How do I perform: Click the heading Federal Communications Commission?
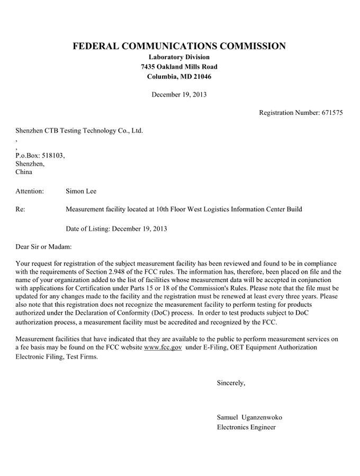point(179,47)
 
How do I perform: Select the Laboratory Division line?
point(179,57)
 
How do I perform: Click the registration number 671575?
point(332,113)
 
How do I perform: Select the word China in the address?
point(24,172)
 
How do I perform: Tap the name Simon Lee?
point(81,190)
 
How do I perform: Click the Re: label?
point(21,209)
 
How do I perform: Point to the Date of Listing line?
point(116,229)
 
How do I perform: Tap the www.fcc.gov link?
point(163,347)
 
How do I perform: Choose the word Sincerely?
point(231,382)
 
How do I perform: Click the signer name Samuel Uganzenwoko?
point(249,418)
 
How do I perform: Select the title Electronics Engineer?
point(246,427)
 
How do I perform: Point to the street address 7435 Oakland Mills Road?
point(179,67)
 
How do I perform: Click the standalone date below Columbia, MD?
point(179,95)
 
